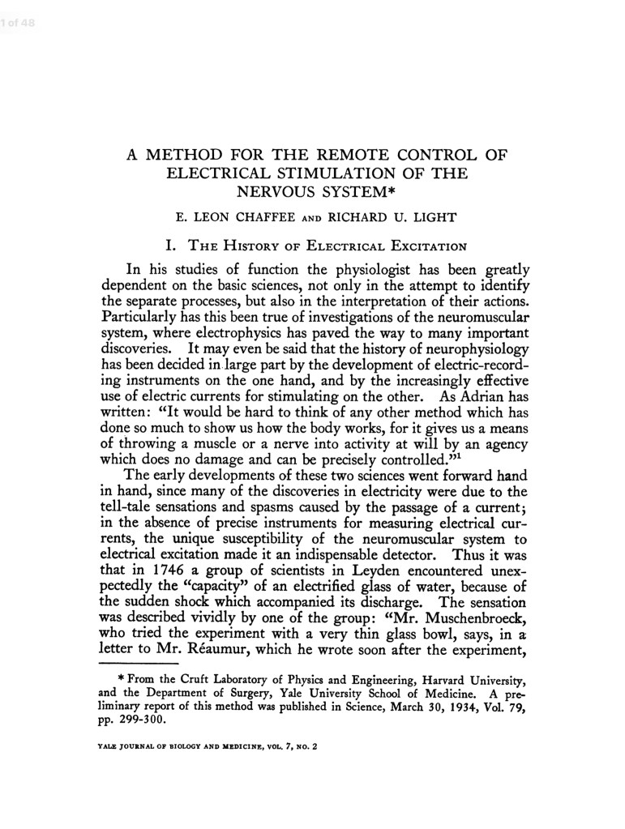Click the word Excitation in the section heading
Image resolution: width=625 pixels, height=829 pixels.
pos(421,243)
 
